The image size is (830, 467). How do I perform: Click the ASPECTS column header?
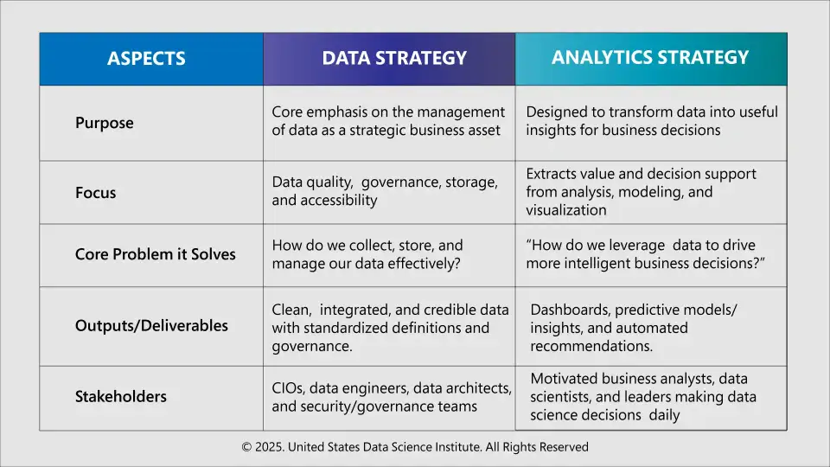(x=146, y=59)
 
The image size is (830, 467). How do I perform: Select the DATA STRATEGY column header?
(x=393, y=58)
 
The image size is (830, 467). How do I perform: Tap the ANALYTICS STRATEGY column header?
(x=650, y=57)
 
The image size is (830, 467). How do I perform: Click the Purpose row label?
(x=105, y=123)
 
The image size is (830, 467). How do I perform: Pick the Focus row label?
(x=96, y=192)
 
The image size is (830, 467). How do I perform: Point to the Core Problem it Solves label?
(x=155, y=255)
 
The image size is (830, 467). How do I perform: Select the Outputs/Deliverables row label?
(x=151, y=326)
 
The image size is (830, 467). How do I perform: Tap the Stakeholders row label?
(x=121, y=397)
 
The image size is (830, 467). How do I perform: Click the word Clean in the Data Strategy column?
(x=290, y=310)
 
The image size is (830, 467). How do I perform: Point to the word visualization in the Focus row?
(x=566, y=210)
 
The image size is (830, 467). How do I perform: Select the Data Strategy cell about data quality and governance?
(x=385, y=191)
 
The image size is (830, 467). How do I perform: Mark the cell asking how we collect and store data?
(x=367, y=254)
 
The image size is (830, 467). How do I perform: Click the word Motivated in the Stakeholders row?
(x=563, y=379)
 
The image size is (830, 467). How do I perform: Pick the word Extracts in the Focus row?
(x=552, y=174)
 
